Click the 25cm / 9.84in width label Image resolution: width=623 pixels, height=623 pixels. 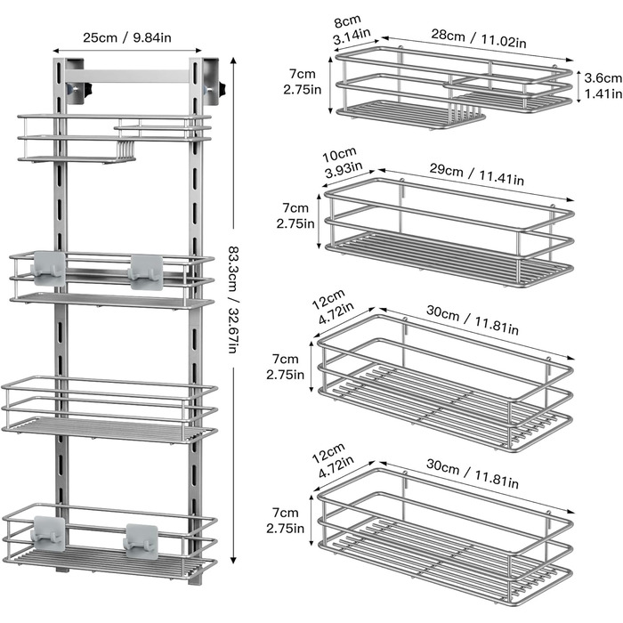tap(127, 37)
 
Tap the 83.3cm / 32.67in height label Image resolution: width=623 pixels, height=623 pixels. tap(233, 300)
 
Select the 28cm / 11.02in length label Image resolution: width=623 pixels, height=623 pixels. tap(479, 38)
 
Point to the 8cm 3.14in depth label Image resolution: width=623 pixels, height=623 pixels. tap(351, 29)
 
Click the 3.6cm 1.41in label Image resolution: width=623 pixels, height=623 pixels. tap(603, 85)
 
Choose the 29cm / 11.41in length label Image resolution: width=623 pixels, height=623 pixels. tap(476, 174)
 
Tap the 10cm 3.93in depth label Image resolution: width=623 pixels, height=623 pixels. tap(342, 163)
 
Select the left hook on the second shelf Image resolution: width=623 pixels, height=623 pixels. tap(48, 267)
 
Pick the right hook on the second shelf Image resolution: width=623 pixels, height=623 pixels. tap(146, 271)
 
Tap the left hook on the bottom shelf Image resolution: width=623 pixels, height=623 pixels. tap(48, 533)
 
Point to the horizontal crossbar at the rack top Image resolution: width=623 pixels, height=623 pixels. tap(127, 77)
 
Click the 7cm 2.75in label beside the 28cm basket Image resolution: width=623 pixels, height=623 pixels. tap(302, 82)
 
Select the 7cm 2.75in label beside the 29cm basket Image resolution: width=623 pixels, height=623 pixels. tap(295, 215)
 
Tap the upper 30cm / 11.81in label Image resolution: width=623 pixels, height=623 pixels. tap(473, 320)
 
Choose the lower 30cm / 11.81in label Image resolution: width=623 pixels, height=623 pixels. tap(473, 473)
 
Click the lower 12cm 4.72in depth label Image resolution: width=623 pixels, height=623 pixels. tap(333, 460)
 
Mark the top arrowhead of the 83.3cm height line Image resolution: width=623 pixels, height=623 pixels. tap(233, 61)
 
